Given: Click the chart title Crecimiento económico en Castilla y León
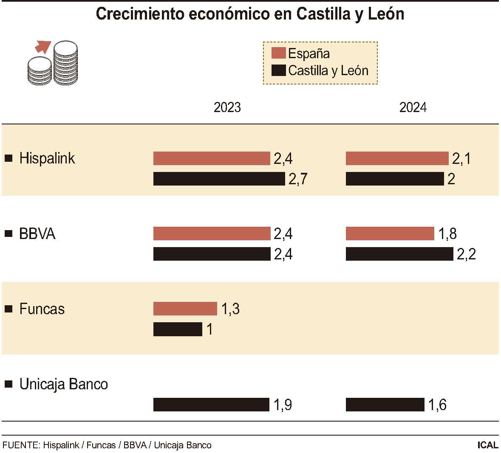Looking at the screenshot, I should tap(250, 14).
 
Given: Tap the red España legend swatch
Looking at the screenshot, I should tap(278, 53).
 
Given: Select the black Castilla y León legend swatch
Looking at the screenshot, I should tap(278, 70).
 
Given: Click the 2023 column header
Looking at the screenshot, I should tap(227, 107).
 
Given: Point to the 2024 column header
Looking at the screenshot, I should tap(413, 107).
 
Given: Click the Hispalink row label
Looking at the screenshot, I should tap(47, 158).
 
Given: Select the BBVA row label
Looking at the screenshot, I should tap(37, 234).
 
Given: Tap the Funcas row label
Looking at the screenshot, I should tap(42, 309).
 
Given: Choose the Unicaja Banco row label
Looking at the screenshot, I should tap(63, 384).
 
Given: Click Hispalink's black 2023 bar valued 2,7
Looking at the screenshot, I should tap(219, 179).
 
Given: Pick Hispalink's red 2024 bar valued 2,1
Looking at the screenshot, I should tap(397, 158).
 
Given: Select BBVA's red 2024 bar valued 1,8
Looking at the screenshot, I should tap(390, 234).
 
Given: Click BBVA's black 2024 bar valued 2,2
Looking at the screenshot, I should tap(399, 254).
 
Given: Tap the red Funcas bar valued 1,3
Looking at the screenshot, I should tap(185, 309).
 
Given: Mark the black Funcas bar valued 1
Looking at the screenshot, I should tap(178, 329).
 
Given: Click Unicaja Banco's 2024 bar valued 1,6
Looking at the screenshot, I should tap(385, 405).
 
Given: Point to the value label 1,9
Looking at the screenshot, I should tap(283, 405).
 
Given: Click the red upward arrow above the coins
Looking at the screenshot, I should tap(43, 46).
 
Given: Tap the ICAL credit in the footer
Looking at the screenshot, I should tap(487, 445).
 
